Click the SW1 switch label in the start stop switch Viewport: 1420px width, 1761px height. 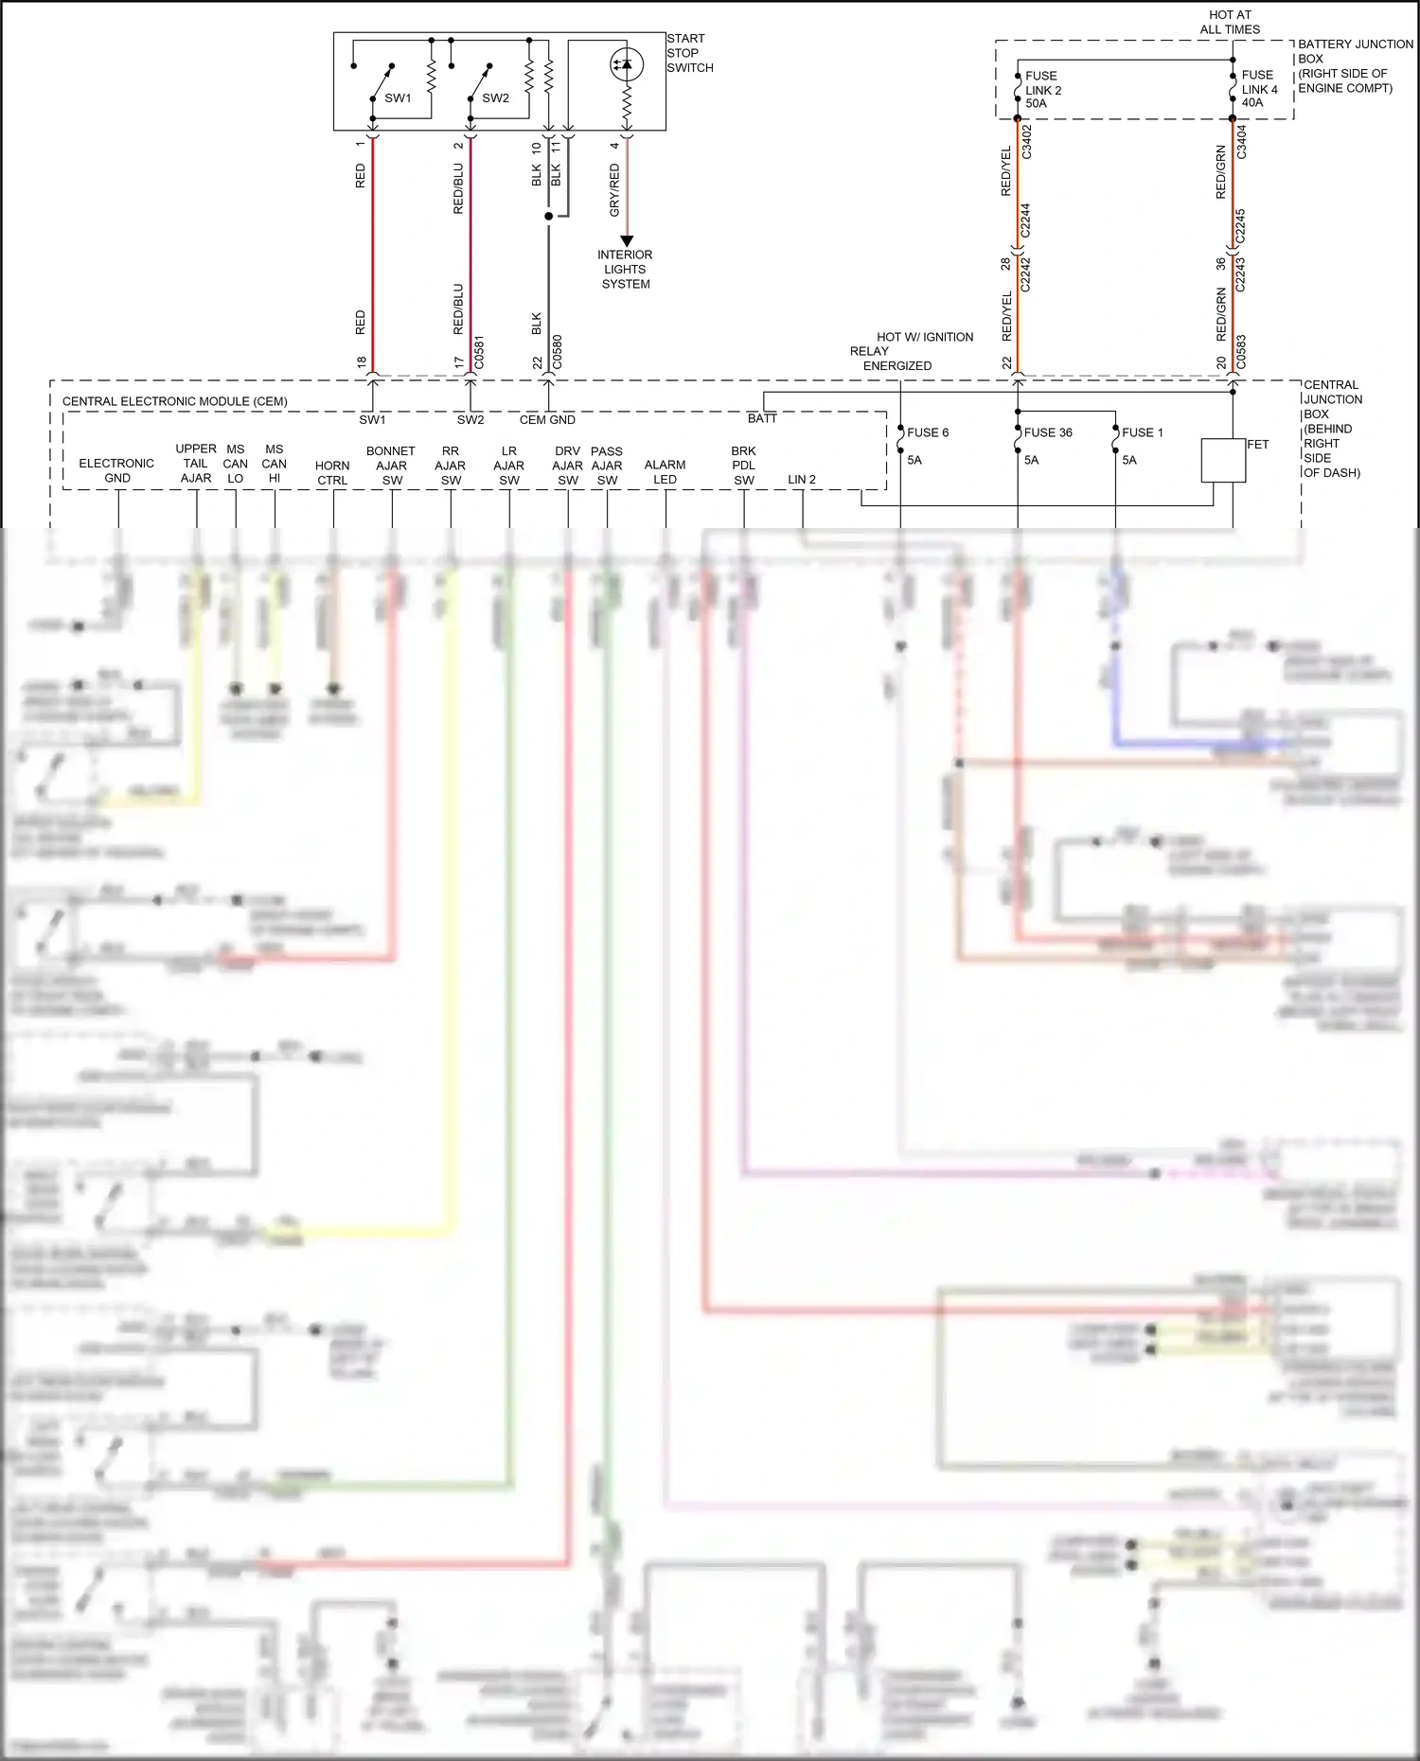398,98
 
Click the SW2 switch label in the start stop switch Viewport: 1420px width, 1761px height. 495,98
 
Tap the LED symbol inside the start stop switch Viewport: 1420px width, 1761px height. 626,64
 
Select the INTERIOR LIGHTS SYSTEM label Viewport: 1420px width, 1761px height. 625,270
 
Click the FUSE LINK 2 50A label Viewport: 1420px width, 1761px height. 1043,90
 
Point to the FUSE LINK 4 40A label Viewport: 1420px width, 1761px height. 1259,89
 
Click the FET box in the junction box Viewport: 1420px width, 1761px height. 1223,461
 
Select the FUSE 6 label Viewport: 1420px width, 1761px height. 927,432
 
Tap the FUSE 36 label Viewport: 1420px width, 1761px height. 1048,432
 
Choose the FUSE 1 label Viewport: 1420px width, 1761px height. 1142,432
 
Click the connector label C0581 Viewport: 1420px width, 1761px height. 479,353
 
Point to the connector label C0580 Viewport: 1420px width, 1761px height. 557,352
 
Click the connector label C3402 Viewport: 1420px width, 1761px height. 1027,142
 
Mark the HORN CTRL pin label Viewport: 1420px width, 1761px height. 332,473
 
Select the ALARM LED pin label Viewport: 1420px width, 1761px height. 665,472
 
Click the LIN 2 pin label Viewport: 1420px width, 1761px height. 802,480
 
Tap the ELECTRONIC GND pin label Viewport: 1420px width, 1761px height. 116,470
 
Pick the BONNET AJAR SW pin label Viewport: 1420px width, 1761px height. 391,466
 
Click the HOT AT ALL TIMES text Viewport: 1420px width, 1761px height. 1230,22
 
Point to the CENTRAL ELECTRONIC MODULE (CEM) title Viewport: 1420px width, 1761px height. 175,401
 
